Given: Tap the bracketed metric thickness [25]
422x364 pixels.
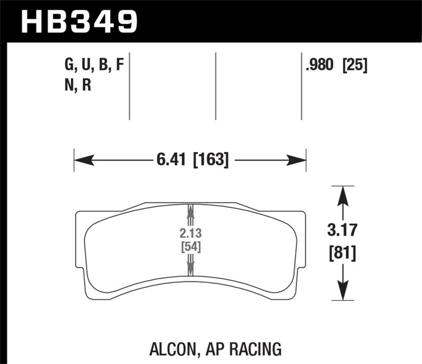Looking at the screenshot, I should (355, 66).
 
